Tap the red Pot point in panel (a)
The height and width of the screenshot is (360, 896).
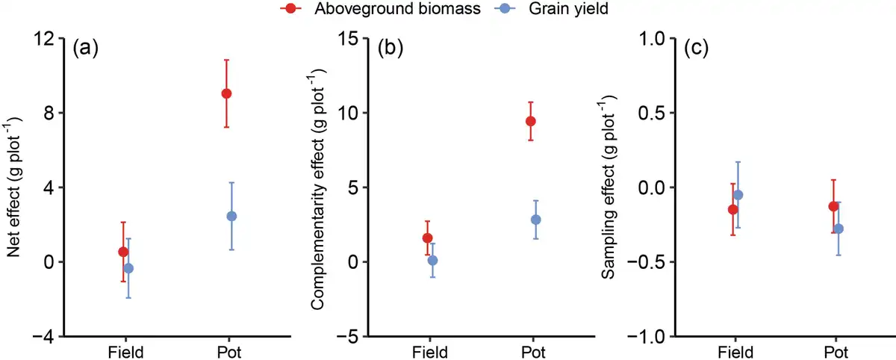point(226,93)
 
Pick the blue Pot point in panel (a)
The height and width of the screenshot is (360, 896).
point(231,216)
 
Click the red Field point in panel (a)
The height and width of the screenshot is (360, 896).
point(123,252)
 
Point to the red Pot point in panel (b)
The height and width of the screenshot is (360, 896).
point(531,121)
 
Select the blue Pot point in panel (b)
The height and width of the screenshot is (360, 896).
point(535,220)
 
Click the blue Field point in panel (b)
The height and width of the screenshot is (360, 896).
point(432,260)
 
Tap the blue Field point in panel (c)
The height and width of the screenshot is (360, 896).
point(738,195)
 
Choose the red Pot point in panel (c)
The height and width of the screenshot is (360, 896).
point(833,206)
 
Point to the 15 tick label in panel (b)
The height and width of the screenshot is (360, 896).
point(349,39)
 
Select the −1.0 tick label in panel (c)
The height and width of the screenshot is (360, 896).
point(651,337)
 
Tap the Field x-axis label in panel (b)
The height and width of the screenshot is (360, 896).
point(429,352)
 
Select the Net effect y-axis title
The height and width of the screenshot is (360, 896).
point(13,187)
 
